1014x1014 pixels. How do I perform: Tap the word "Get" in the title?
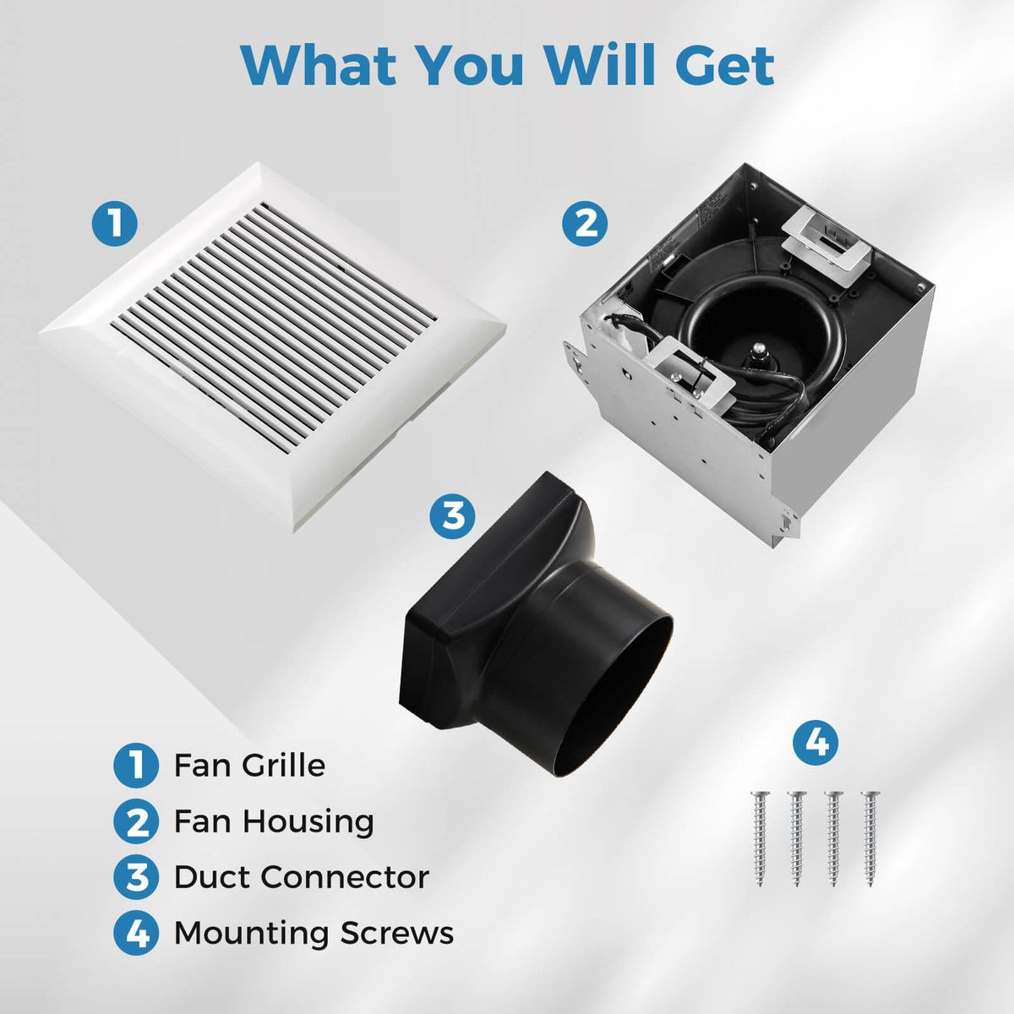[725, 64]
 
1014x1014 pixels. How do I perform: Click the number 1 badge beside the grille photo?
[114, 224]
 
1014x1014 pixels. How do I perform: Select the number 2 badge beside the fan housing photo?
[585, 224]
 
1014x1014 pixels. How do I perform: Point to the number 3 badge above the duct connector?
[453, 515]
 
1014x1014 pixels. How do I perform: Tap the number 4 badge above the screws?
[815, 744]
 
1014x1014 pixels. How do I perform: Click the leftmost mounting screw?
[760, 837]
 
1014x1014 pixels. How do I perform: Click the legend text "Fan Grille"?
[249, 766]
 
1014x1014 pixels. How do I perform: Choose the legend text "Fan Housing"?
[274, 821]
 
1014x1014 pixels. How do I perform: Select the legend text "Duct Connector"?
[301, 877]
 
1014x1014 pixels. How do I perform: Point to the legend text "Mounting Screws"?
[313, 933]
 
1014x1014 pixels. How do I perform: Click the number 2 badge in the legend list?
[135, 821]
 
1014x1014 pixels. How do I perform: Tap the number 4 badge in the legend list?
[135, 934]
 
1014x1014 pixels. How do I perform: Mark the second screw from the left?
[796, 837]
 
